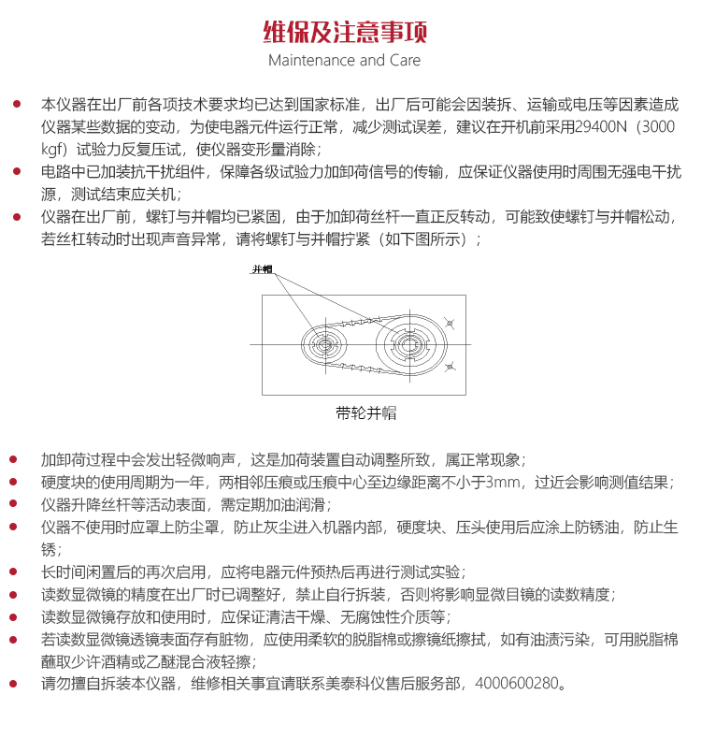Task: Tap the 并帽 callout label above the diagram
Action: point(263,269)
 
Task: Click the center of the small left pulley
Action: point(325,345)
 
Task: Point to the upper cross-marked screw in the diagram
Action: point(450,324)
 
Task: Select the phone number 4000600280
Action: point(515,684)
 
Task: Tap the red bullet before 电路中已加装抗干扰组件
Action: point(16,172)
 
